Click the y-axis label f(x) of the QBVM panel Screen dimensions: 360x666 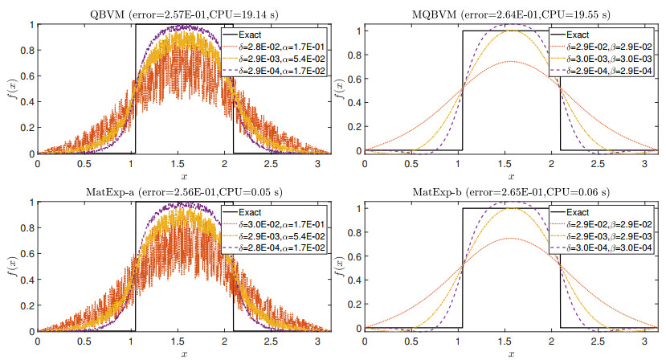click(9, 90)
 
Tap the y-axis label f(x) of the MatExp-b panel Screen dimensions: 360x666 click(337, 268)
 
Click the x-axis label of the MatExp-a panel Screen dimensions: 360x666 click(184, 353)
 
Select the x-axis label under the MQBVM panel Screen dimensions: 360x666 click(511, 175)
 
